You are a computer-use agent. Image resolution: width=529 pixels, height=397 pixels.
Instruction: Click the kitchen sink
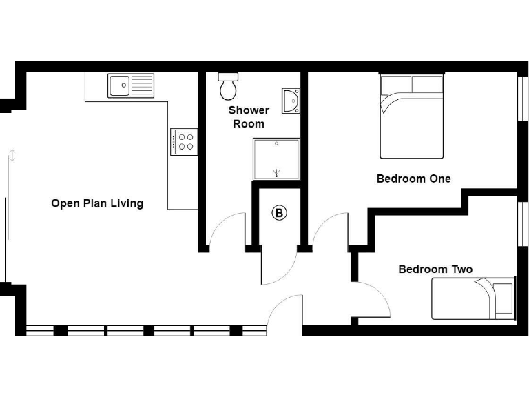131,86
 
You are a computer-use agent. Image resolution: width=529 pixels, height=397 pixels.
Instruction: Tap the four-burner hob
185,142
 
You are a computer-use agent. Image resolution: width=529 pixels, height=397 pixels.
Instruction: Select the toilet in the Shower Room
228,86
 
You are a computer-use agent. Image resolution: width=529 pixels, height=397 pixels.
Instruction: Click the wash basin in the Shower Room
291,100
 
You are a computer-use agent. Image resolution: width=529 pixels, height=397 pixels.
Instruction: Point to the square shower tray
277,159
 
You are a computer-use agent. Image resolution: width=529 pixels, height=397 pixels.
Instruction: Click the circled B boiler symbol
279,213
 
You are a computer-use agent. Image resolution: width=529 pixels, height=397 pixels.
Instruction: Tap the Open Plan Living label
97,203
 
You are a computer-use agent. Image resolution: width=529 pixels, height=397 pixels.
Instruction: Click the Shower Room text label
249,116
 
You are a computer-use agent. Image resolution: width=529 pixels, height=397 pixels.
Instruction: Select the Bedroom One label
413,179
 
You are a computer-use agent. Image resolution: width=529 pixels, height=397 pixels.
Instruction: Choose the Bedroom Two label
435,269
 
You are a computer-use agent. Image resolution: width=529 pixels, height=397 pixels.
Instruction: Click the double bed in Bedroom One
411,116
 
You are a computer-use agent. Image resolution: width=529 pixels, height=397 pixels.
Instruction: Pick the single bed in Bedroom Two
473,298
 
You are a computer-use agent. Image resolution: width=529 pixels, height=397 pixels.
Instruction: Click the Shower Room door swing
225,231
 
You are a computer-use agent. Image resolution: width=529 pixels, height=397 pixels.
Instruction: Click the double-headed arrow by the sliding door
11,155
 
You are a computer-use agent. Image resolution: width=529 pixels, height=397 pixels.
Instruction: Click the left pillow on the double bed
395,84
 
